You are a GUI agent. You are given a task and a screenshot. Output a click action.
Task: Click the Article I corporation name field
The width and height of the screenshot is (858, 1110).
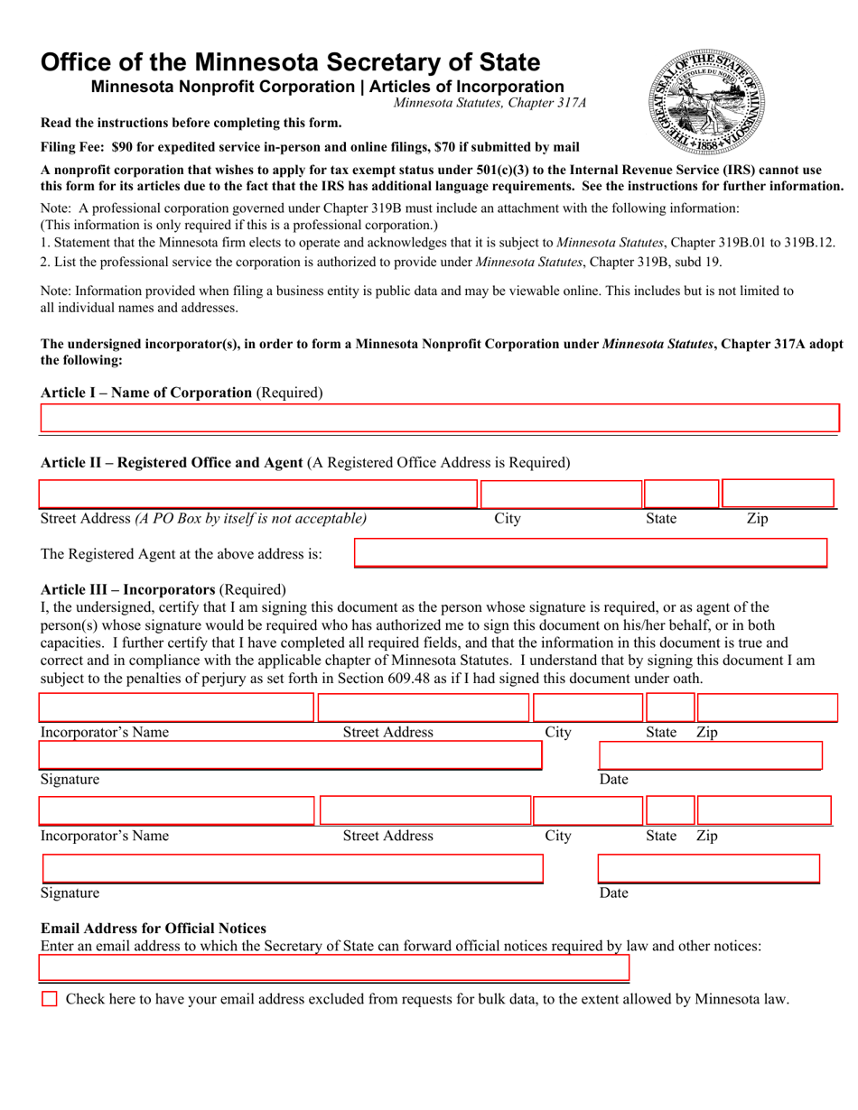[x=440, y=419]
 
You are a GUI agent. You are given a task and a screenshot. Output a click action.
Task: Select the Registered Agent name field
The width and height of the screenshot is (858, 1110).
[x=591, y=553]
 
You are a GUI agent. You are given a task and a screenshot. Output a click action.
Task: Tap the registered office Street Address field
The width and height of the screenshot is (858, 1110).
[x=257, y=495]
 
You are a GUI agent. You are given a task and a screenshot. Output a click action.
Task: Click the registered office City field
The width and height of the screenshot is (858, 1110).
[x=560, y=495]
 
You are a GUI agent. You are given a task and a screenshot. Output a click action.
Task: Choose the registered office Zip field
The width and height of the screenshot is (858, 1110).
[x=778, y=495]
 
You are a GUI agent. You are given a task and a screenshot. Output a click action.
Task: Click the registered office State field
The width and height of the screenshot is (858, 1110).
[x=681, y=495]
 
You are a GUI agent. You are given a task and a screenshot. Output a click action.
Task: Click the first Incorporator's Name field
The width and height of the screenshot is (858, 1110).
[x=176, y=708]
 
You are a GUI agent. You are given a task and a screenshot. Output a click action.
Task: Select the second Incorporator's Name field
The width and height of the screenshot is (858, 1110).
[x=176, y=810]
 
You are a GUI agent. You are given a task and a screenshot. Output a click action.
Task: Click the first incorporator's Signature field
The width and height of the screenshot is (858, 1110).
[x=290, y=755]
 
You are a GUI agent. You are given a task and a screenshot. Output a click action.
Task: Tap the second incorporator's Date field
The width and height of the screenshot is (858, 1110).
[x=709, y=869]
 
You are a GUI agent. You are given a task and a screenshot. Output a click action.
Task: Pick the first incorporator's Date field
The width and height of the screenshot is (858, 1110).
[x=710, y=755]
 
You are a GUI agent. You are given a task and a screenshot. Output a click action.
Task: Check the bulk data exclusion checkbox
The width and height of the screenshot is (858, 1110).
[x=50, y=999]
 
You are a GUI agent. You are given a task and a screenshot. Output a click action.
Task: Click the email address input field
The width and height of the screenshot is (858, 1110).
[x=334, y=969]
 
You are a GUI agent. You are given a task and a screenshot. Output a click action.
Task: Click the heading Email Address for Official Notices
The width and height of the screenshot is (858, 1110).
[x=154, y=929]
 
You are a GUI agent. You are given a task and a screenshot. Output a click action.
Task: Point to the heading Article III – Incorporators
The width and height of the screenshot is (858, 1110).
[x=128, y=588]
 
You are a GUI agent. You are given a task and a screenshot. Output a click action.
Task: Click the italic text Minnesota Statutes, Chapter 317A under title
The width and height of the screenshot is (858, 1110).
[x=490, y=103]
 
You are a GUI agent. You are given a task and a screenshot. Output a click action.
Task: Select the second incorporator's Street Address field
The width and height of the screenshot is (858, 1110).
[x=425, y=810]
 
